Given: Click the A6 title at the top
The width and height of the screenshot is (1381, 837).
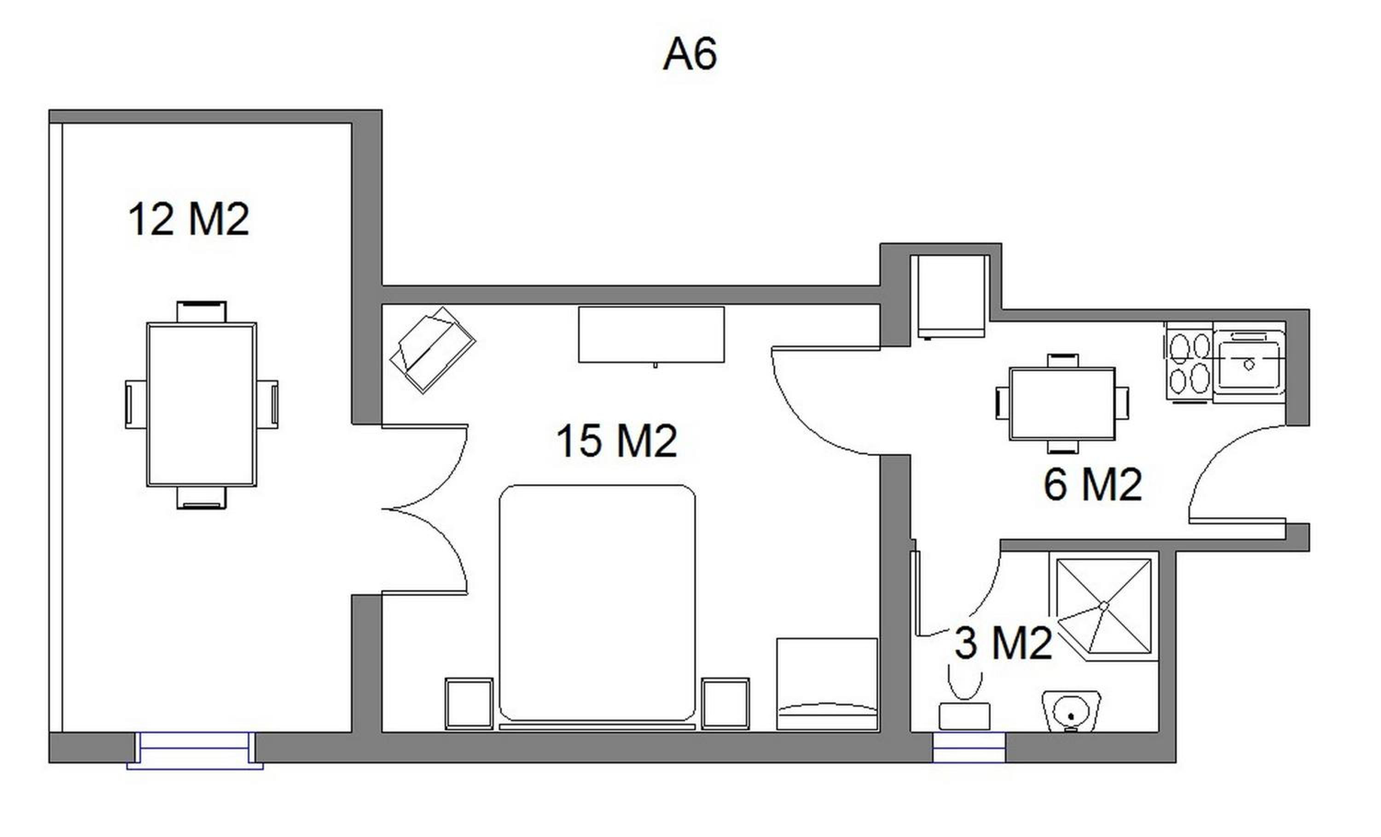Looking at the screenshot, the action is tap(690, 54).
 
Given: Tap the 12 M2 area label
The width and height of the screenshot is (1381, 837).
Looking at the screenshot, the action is tap(189, 219).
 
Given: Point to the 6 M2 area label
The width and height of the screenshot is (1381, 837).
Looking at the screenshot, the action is tap(1092, 484).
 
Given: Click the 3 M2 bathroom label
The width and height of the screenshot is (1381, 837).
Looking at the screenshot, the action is tap(1003, 643).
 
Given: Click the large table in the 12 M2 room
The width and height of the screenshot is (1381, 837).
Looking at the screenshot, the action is tap(202, 404).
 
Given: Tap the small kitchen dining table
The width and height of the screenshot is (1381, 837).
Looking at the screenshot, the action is tap(1062, 404).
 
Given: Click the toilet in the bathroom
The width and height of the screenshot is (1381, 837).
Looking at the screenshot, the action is tap(964, 698).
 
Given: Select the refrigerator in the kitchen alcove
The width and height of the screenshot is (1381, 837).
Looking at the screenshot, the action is tap(951, 296).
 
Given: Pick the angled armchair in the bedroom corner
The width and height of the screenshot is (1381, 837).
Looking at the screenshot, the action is tap(433, 350).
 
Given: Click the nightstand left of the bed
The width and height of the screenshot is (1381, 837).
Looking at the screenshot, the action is tap(469, 703).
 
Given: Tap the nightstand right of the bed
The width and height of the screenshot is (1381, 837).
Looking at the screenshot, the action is tap(726, 703).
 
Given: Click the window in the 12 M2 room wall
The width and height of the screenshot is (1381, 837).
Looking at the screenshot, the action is tap(195, 750).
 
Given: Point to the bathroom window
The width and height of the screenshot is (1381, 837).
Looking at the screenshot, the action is tap(969, 747).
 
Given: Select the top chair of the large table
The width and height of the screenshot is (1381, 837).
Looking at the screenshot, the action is tap(202, 312).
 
